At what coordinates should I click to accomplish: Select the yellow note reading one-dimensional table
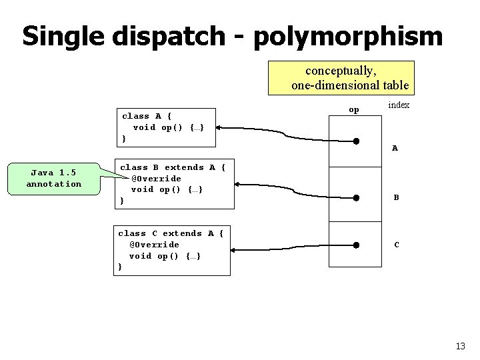coord(341,77)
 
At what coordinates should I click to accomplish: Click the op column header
coord(354,109)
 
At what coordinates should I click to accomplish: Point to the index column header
coord(399,105)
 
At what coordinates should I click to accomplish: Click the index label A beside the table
coord(395,148)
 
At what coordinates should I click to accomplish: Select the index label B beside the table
coord(396,197)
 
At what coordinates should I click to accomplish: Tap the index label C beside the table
coord(397,245)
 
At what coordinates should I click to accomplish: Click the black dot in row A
coord(357,141)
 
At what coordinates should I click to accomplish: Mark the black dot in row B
coord(357,197)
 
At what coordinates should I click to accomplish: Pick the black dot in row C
coord(357,245)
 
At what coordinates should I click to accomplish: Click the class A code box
coord(166,127)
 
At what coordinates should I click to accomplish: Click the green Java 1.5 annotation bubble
coord(54,178)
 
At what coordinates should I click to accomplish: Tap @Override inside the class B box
coord(156,179)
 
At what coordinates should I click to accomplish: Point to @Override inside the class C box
coord(154,245)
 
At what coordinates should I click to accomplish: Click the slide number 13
coord(460,345)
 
